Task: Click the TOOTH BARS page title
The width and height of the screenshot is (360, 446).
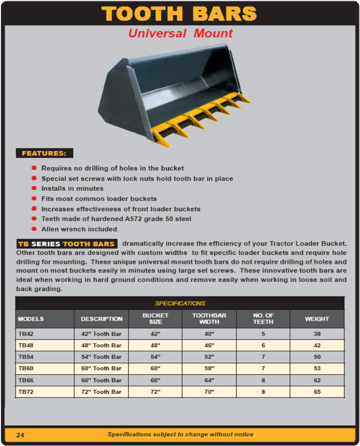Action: click(180, 14)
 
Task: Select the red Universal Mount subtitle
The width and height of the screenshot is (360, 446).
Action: click(180, 34)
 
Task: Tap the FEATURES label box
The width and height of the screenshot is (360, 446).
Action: click(44, 154)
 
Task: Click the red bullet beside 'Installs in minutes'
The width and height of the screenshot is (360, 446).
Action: click(34, 189)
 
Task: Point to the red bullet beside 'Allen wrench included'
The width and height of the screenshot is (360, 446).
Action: click(34, 229)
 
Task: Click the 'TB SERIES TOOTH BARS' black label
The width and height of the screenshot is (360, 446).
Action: click(67, 244)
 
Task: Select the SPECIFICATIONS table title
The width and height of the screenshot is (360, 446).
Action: click(180, 304)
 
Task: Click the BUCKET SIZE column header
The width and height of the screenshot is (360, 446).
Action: click(156, 319)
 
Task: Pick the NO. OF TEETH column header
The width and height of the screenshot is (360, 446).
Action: click(264, 319)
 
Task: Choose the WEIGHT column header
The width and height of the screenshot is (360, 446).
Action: click(317, 319)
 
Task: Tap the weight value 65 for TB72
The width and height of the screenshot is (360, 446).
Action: click(317, 392)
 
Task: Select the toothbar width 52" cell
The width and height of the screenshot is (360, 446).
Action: click(209, 357)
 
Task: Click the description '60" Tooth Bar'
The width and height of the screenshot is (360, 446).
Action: click(101, 368)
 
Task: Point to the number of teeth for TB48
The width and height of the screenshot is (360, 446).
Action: click(264, 345)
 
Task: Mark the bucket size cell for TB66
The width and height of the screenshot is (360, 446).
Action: click(156, 380)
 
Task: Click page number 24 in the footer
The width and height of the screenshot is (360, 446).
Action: click(20, 435)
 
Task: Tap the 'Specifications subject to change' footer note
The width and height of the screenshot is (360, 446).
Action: click(180, 434)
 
